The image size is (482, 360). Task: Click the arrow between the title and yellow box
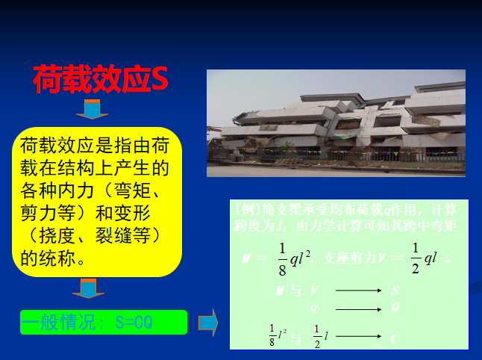click(x=92, y=111)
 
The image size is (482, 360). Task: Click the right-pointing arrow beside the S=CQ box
click(x=207, y=322)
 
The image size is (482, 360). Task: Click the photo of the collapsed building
click(x=336, y=123)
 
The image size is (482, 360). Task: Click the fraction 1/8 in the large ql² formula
click(x=282, y=258)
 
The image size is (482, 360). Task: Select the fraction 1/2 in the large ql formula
click(x=415, y=258)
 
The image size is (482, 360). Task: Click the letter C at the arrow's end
click(x=395, y=338)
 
